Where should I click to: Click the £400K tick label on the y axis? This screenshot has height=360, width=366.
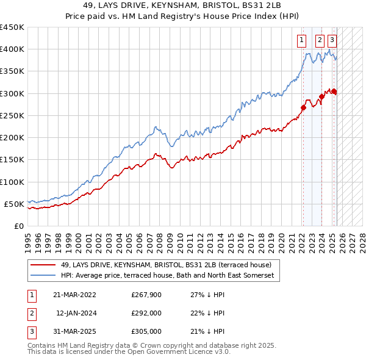point(12,49)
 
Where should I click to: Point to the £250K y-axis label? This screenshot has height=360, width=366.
point(12,115)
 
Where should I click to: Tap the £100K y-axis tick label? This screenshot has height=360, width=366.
point(12,182)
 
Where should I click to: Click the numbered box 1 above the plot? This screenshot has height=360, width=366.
point(302,41)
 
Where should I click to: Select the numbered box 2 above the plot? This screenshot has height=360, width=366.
point(320,41)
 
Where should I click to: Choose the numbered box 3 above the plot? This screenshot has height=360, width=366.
point(332,41)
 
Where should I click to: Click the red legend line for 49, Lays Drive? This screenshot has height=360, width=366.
point(43,265)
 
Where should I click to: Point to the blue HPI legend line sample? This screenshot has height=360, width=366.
point(43,276)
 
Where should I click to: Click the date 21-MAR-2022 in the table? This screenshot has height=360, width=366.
point(75,295)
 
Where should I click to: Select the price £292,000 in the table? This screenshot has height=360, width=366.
point(146,313)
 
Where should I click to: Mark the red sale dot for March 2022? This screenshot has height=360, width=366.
point(303,107)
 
